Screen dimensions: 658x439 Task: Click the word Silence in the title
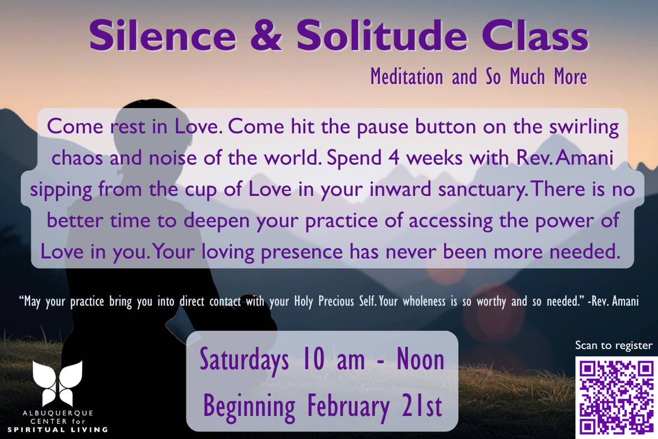coord(163,36)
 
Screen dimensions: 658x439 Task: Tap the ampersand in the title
coord(266,36)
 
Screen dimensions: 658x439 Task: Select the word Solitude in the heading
coord(382,36)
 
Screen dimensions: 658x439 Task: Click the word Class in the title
coord(535,36)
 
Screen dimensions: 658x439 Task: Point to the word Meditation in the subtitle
coord(407,77)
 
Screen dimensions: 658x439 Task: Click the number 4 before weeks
coord(393,158)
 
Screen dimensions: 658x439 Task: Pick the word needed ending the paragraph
coord(585,251)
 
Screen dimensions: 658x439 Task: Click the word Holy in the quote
coord(303,301)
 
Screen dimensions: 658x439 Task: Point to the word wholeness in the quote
coord(424,301)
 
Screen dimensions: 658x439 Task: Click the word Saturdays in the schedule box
coord(244,360)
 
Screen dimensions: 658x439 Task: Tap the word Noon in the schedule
coord(421,359)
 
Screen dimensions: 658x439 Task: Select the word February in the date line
coord(349,406)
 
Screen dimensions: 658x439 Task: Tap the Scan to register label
coord(613,345)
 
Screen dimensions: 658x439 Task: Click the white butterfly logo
coord(58,383)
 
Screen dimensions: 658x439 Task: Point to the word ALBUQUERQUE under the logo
coord(58,413)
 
